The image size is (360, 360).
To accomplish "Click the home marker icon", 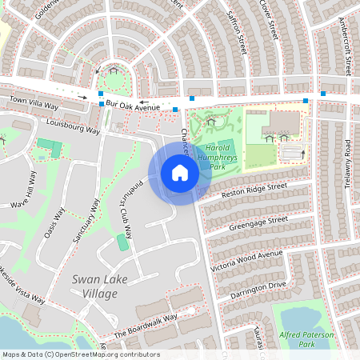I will tap(180, 173).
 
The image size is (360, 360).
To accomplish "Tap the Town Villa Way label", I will tap(34, 103).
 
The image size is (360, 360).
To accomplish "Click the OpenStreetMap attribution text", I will tap(80, 354).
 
